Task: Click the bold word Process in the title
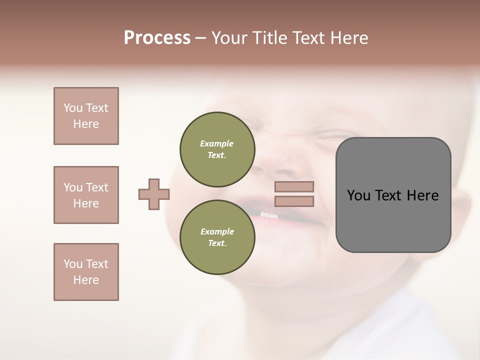point(157,38)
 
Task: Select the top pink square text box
point(86,116)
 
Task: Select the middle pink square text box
point(86,195)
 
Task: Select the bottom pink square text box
point(86,271)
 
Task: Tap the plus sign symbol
point(154,194)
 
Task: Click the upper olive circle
point(217,149)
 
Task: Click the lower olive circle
point(217,237)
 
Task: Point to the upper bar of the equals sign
point(294,187)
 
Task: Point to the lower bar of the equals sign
point(294,201)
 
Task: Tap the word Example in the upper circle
point(217,143)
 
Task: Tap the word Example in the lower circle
point(217,231)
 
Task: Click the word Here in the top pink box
point(86,124)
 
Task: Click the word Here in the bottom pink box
point(86,280)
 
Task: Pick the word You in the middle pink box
point(73,187)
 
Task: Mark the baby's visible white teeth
point(269,215)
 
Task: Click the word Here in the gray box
point(422,195)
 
